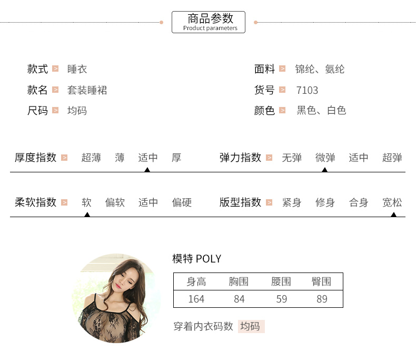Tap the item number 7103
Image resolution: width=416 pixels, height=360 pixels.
pos(307,90)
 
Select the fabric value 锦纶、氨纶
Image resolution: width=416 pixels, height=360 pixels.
pos(320,69)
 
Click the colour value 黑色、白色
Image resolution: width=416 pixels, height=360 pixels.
pos(321,111)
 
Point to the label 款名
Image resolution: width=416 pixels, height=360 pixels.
pos(37,90)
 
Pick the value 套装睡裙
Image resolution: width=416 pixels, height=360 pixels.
pos(87,90)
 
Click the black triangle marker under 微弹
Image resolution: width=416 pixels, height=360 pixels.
pos(325,169)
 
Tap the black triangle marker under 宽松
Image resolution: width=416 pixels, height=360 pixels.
pos(393,214)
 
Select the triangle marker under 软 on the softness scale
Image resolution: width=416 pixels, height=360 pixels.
pos(87,214)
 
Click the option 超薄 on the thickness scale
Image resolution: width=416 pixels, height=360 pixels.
pos(91,158)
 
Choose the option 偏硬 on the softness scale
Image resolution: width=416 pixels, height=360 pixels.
pos(182,202)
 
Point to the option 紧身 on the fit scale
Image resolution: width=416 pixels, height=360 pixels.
pos(292,202)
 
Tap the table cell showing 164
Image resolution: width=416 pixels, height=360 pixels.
pos(196,299)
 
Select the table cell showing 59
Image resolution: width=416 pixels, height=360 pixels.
pos(281,299)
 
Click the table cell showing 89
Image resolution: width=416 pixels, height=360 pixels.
pos(322,299)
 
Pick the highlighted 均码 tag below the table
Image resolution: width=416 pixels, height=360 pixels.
pos(251,326)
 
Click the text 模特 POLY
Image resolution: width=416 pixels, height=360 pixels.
pos(196,259)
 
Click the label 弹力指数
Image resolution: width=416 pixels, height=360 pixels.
pos(240,158)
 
